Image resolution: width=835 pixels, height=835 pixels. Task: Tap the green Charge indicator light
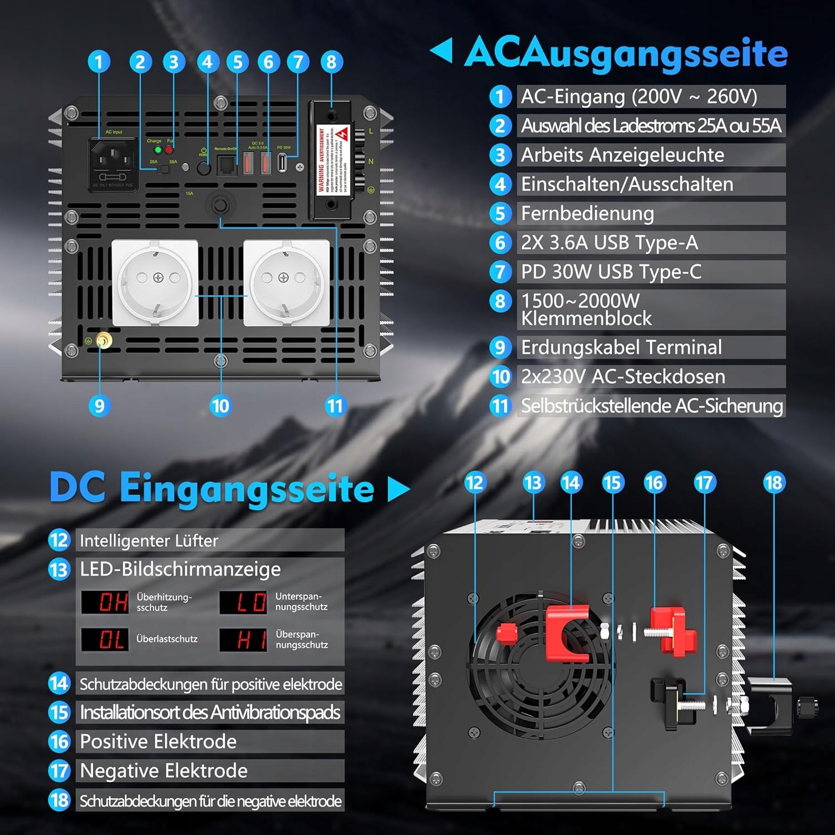pyautogui.click(x=158, y=150)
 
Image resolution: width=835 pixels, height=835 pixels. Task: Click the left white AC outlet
pyautogui.click(x=155, y=282)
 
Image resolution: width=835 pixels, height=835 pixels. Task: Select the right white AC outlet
pyautogui.click(x=286, y=282)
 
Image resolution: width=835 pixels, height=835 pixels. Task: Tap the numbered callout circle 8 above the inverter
pyautogui.click(x=331, y=62)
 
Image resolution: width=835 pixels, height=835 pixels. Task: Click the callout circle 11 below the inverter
pyautogui.click(x=335, y=406)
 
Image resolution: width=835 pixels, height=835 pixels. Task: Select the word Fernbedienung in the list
pyautogui.click(x=587, y=213)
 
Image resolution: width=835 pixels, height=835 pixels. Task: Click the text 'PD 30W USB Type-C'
pyautogui.click(x=611, y=272)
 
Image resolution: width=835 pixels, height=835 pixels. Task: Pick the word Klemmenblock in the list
pyautogui.click(x=586, y=318)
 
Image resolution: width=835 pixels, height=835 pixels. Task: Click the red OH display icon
pyautogui.click(x=113, y=602)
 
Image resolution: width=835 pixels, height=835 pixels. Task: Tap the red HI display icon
pyautogui.click(x=252, y=640)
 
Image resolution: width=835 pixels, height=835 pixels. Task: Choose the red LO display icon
pyautogui.click(x=252, y=602)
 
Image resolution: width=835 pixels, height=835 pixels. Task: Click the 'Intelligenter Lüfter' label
pyautogui.click(x=149, y=541)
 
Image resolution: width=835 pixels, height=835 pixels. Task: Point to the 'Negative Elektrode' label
pyautogui.click(x=164, y=771)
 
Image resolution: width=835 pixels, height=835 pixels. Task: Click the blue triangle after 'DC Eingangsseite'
pyautogui.click(x=397, y=489)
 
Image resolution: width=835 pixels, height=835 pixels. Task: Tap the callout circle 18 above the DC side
pyautogui.click(x=774, y=483)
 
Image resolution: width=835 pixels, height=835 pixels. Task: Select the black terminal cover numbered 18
pyautogui.click(x=771, y=704)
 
